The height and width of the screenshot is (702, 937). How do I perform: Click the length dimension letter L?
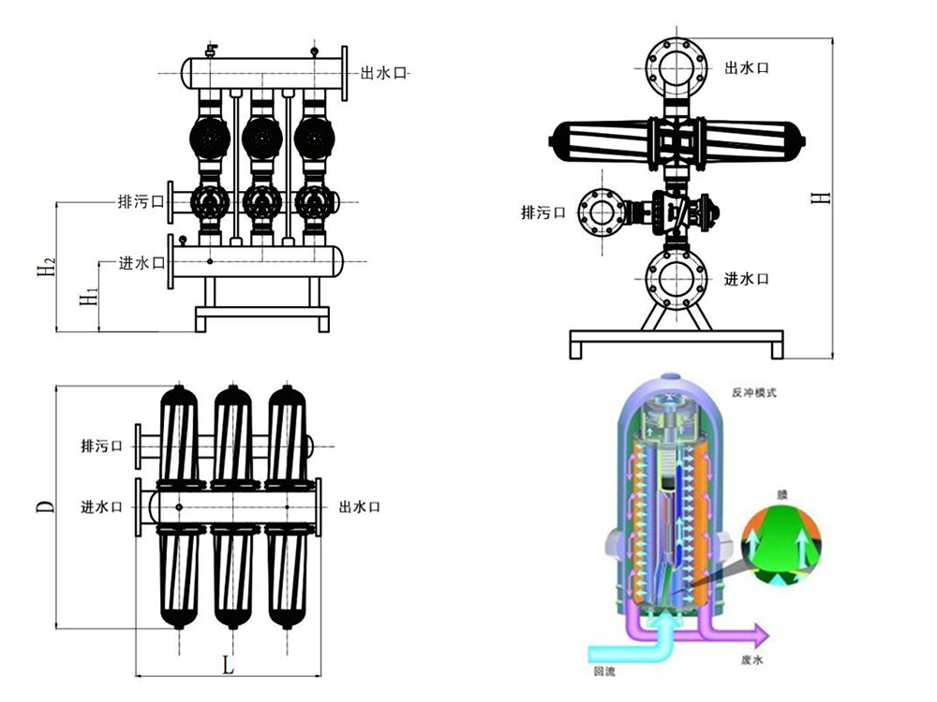point(227,665)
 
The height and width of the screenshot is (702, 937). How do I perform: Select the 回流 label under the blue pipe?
point(603,671)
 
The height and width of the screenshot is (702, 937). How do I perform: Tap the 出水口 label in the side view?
point(747,68)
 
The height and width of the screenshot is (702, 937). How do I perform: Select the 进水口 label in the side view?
point(747,279)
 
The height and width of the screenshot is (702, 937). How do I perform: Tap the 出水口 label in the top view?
point(360,506)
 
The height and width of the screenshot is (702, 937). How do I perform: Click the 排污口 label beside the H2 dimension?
point(141,200)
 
